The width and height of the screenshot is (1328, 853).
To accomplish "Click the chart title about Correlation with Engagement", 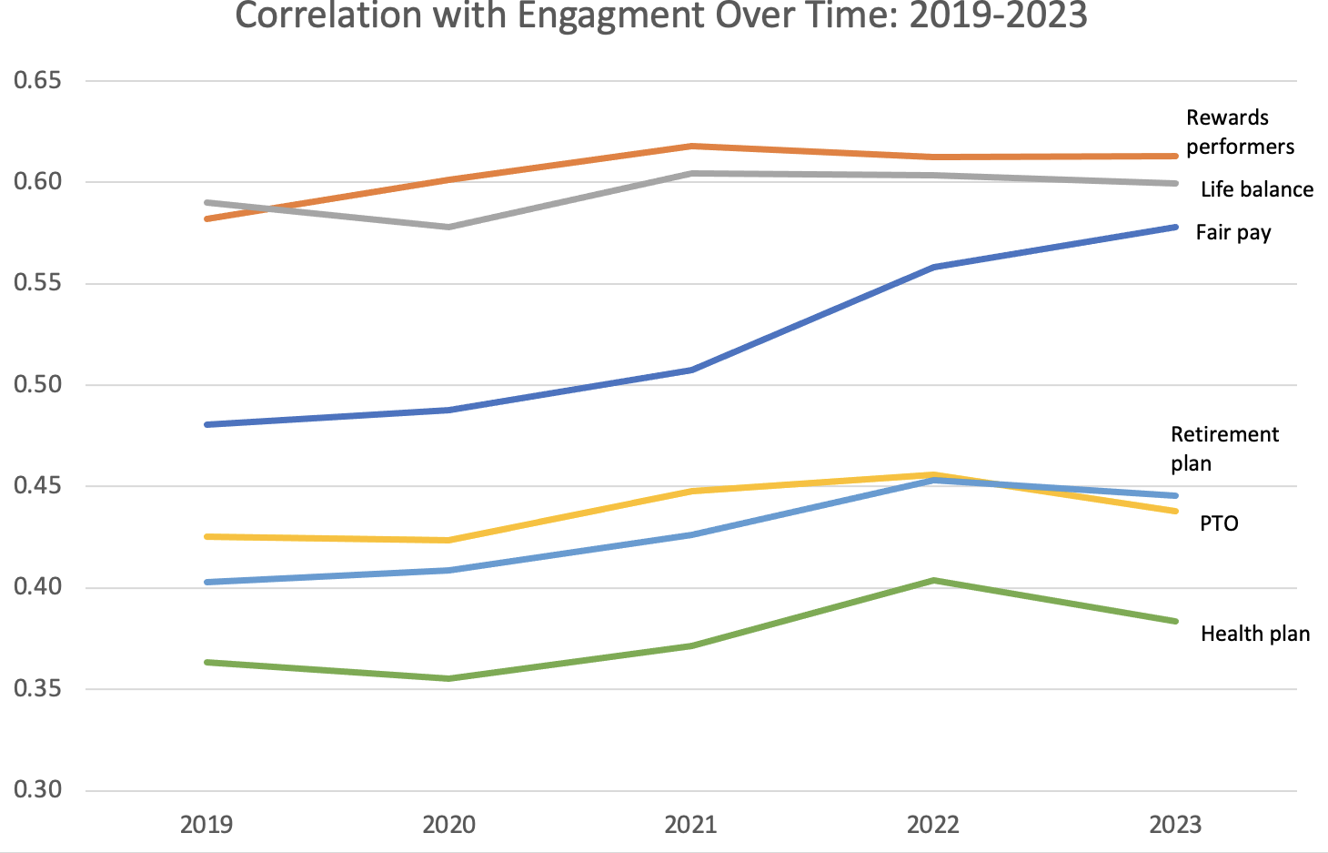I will (661, 16).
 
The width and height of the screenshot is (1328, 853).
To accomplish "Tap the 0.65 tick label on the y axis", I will (37, 81).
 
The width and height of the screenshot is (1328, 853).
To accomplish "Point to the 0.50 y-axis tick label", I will (37, 385).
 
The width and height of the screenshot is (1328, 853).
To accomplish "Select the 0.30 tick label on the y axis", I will (37, 789).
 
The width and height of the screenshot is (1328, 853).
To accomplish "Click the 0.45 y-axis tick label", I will (37, 486).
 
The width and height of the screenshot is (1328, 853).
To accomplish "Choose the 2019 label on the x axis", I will (206, 825).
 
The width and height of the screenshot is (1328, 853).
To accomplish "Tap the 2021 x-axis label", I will (690, 825).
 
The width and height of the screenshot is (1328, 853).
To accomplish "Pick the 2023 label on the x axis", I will (1175, 825).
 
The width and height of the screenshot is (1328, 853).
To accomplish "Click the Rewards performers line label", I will (1239, 132).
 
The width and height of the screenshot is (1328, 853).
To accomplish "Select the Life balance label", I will (1256, 189).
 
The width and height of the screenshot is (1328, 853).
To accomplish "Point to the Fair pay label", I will (1232, 232).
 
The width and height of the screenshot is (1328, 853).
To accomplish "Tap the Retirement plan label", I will (1223, 448).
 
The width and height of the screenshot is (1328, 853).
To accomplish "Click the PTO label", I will (1219, 523).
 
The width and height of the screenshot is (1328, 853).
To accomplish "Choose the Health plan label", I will (1254, 634).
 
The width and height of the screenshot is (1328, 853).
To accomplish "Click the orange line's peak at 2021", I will (691, 147).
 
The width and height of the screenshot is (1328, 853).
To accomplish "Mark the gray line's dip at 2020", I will (449, 227).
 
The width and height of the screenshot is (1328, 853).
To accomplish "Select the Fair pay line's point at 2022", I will (934, 268).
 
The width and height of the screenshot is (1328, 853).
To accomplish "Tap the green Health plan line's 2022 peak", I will (934, 581).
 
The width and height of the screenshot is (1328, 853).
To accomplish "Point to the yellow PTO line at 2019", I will (207, 537).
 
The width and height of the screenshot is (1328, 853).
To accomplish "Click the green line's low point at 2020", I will (449, 678).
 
